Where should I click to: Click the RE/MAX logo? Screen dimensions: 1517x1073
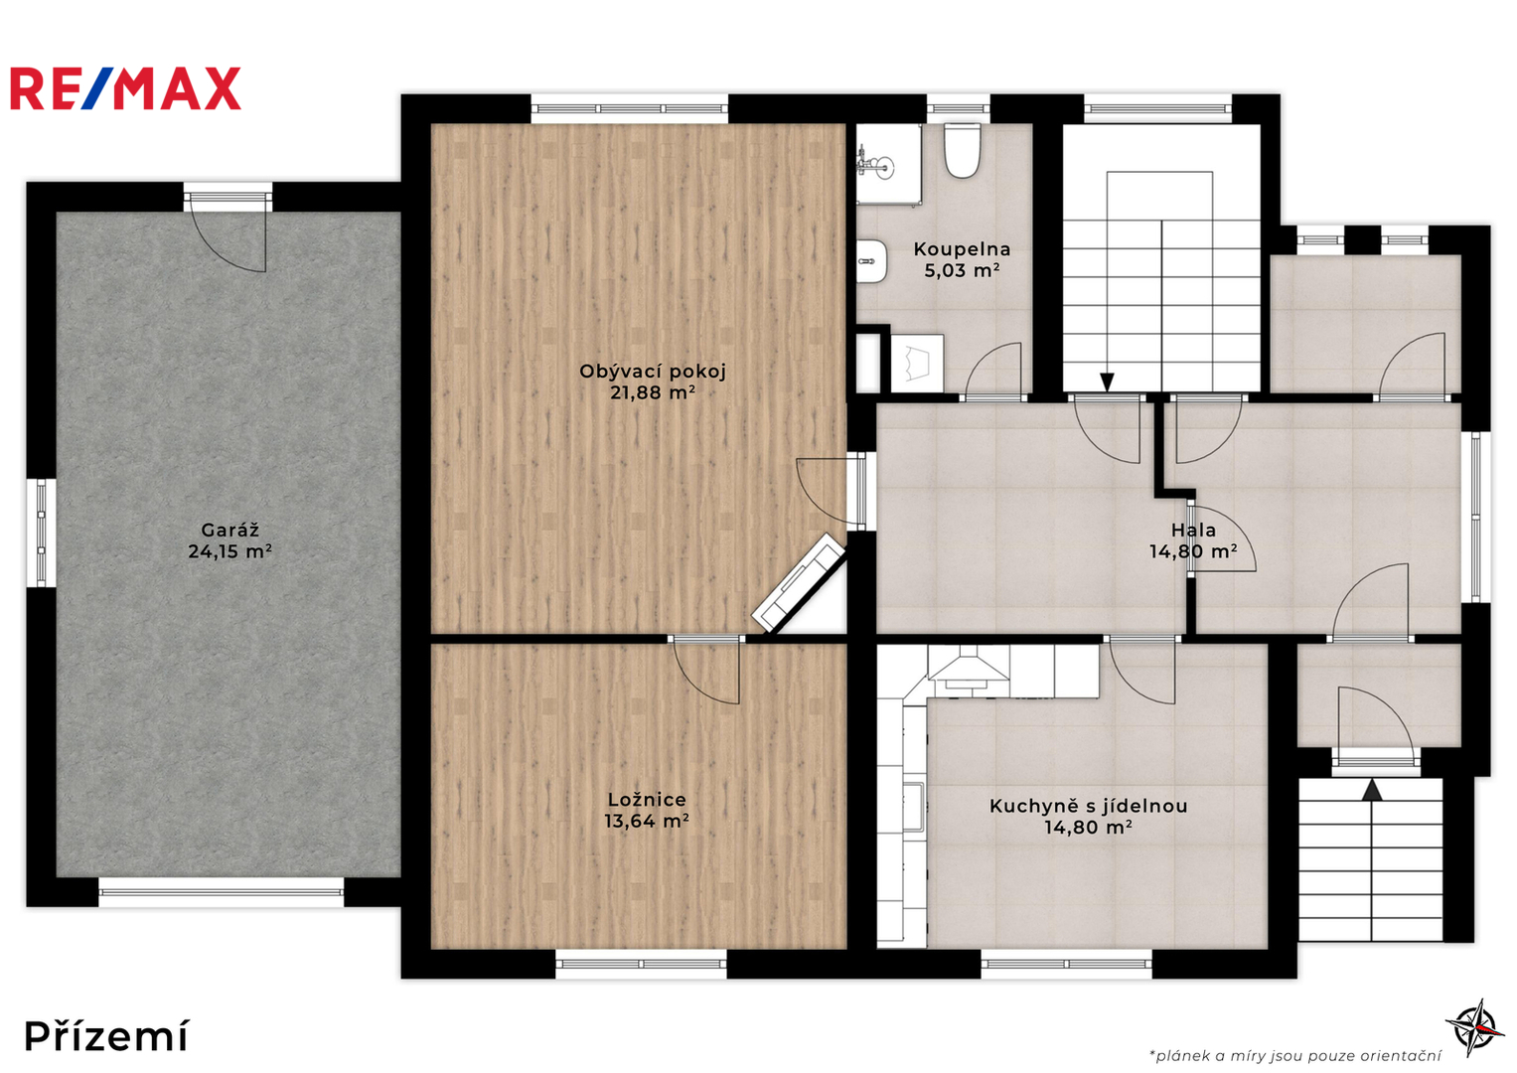click(126, 88)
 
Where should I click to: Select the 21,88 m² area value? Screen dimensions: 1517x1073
click(653, 392)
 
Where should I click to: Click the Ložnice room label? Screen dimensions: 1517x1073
click(647, 800)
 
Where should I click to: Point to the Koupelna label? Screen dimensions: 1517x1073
click(962, 249)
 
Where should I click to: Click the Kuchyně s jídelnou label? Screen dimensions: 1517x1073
click(1088, 806)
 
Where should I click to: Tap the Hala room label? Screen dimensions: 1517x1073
click(1193, 530)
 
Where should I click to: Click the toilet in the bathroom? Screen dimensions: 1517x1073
click(963, 150)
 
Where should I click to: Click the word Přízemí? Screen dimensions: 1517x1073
click(107, 1036)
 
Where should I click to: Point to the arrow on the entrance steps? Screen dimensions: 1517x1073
click(1372, 790)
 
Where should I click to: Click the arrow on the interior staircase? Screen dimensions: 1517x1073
click(1108, 383)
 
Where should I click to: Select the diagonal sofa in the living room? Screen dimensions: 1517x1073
click(799, 582)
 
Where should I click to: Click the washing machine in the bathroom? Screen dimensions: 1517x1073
click(917, 363)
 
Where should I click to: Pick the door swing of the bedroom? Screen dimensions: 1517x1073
click(705, 673)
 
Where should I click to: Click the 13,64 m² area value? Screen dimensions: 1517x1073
click(647, 821)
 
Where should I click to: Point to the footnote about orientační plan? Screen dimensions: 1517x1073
click(1294, 1055)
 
